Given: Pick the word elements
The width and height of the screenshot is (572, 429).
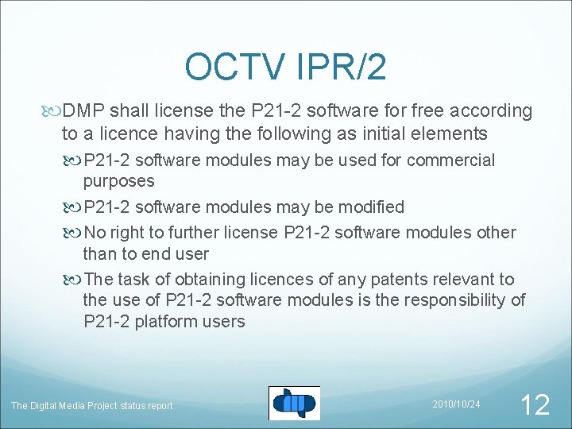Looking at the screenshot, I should tap(447, 133).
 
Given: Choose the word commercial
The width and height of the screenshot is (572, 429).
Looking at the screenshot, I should tap(450, 160).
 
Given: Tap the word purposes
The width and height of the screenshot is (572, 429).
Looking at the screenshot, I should tap(118, 181).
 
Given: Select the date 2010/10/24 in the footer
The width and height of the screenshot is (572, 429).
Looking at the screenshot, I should tap(456, 404).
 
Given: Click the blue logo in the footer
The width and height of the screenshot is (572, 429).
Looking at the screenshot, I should tap(294, 403).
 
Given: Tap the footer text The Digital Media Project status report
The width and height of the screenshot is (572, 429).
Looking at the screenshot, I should tap(91, 406).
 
